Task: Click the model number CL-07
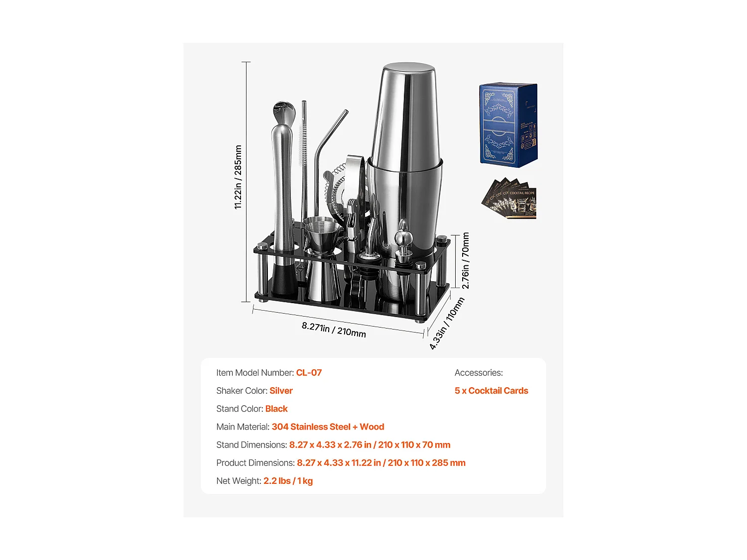[x=309, y=373]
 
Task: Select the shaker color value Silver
[x=281, y=391]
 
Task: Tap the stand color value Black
[x=276, y=409]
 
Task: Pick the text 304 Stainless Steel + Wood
[x=328, y=427]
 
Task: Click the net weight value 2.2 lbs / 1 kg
[x=288, y=481]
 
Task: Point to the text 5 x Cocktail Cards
[x=491, y=391]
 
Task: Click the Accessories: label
[x=479, y=373]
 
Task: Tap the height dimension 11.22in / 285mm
[x=238, y=177]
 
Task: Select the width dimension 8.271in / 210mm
[x=334, y=330]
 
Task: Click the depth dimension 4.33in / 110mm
[x=447, y=324]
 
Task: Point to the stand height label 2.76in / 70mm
[x=466, y=260]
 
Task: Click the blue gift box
[x=508, y=125]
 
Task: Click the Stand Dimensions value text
[x=370, y=445]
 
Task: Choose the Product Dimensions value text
[x=381, y=463]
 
